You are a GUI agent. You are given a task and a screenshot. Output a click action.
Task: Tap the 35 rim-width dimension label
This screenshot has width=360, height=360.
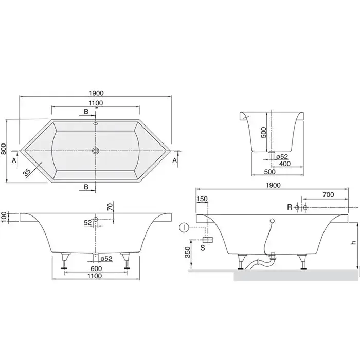(27, 172)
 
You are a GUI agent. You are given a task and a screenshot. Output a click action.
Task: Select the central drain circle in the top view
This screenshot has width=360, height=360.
(96, 151)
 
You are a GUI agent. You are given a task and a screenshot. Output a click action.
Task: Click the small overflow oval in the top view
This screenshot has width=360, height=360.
(96, 123)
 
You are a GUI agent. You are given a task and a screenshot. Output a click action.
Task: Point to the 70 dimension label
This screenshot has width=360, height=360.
(111, 207)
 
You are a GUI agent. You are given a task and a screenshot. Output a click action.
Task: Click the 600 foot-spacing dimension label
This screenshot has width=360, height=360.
(96, 268)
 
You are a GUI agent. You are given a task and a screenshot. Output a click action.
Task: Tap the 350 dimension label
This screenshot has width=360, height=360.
(188, 253)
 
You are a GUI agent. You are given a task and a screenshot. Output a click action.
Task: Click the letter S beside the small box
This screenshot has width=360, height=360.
(203, 248)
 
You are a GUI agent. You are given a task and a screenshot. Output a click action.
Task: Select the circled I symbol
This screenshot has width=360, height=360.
(184, 228)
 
